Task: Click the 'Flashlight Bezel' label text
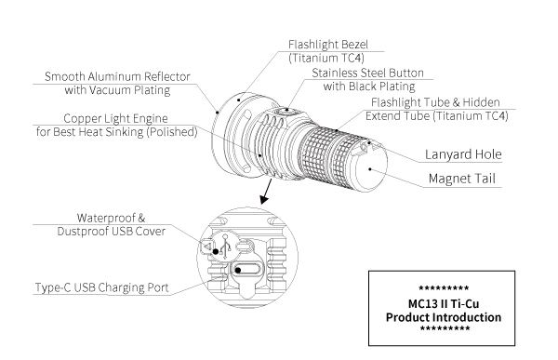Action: pyautogui.click(x=327, y=45)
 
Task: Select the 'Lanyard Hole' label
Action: pyautogui.click(x=463, y=154)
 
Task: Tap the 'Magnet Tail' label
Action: pyautogui.click(x=461, y=179)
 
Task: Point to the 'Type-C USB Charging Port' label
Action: pyautogui.click(x=101, y=287)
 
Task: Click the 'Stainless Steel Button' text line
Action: pyautogui.click(x=367, y=73)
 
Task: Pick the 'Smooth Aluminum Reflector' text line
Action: pyautogui.click(x=117, y=76)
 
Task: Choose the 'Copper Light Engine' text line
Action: pyautogui.click(x=115, y=118)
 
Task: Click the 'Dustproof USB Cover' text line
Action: pyautogui.click(x=111, y=232)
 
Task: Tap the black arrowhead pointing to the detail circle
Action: pyautogui.click(x=264, y=199)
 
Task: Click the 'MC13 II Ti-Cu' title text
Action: pyautogui.click(x=443, y=304)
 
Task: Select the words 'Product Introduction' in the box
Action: pyautogui.click(x=443, y=317)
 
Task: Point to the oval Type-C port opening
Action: pyautogui.click(x=247, y=270)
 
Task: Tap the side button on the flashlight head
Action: pyautogui.click(x=286, y=111)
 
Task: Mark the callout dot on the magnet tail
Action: pyautogui.click(x=370, y=169)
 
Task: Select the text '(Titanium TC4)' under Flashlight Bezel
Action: pyautogui.click(x=326, y=58)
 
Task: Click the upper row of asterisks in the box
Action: pyautogui.click(x=444, y=287)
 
